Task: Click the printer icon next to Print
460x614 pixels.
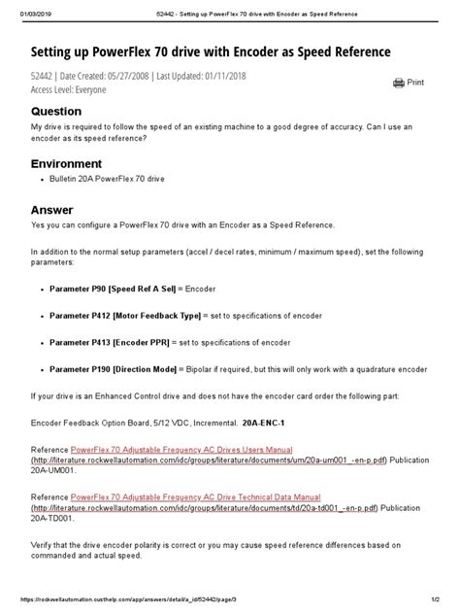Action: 399,84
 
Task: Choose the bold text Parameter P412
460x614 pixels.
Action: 79,316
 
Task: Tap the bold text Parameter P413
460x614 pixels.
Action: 79,343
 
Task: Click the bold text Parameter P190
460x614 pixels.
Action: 79,370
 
